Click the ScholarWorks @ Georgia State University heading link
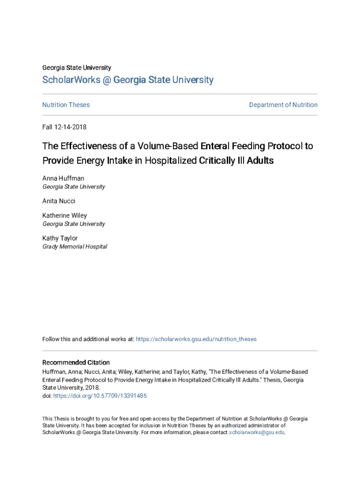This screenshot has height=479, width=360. [128, 80]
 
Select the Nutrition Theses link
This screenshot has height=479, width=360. [66, 105]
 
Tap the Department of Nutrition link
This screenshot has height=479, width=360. [283, 105]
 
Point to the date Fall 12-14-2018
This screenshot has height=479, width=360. [65, 127]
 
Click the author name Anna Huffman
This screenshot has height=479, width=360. [63, 178]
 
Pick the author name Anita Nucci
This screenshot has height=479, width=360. [59, 201]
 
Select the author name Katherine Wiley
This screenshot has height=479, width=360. [65, 216]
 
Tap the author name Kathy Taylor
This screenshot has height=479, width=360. [60, 238]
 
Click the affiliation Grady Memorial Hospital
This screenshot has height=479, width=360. [75, 247]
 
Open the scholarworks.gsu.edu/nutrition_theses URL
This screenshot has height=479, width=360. [196, 339]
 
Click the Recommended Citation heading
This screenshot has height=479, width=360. [76, 363]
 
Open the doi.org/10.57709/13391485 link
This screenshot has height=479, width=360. [100, 396]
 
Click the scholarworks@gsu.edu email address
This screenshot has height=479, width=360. [257, 433]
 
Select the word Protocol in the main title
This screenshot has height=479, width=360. [279, 146]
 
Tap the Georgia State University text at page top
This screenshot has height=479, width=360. [77, 68]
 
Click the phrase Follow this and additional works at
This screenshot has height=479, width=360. [88, 339]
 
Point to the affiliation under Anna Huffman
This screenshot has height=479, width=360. [74, 187]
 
